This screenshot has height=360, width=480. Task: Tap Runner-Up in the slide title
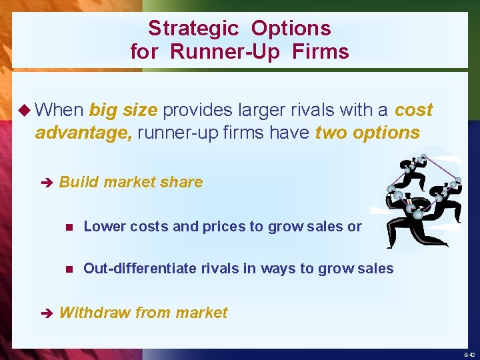[225, 51]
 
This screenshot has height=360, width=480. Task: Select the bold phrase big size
[124, 110]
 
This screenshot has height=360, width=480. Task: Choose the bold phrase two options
[367, 133]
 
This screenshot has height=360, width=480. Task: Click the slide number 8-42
[469, 355]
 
